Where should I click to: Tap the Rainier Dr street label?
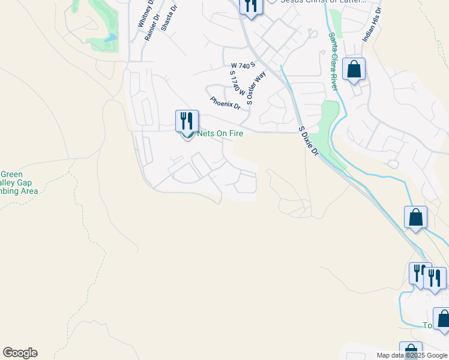coord(151,28)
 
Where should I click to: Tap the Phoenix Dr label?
coord(225,103)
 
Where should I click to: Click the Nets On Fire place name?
coord(220,133)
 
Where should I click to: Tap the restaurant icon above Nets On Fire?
coord(187,120)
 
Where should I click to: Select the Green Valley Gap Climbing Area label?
coord(18,182)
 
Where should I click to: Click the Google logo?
coord(20,353)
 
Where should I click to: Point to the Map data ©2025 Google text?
coord(411,355)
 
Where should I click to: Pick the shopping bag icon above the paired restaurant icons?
coord(415,217)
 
